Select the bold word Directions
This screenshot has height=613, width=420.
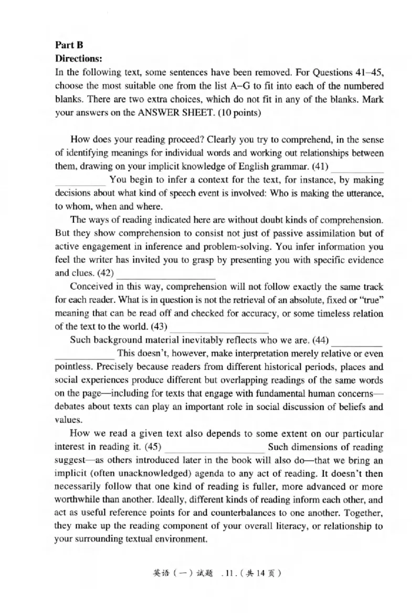point(78,59)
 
